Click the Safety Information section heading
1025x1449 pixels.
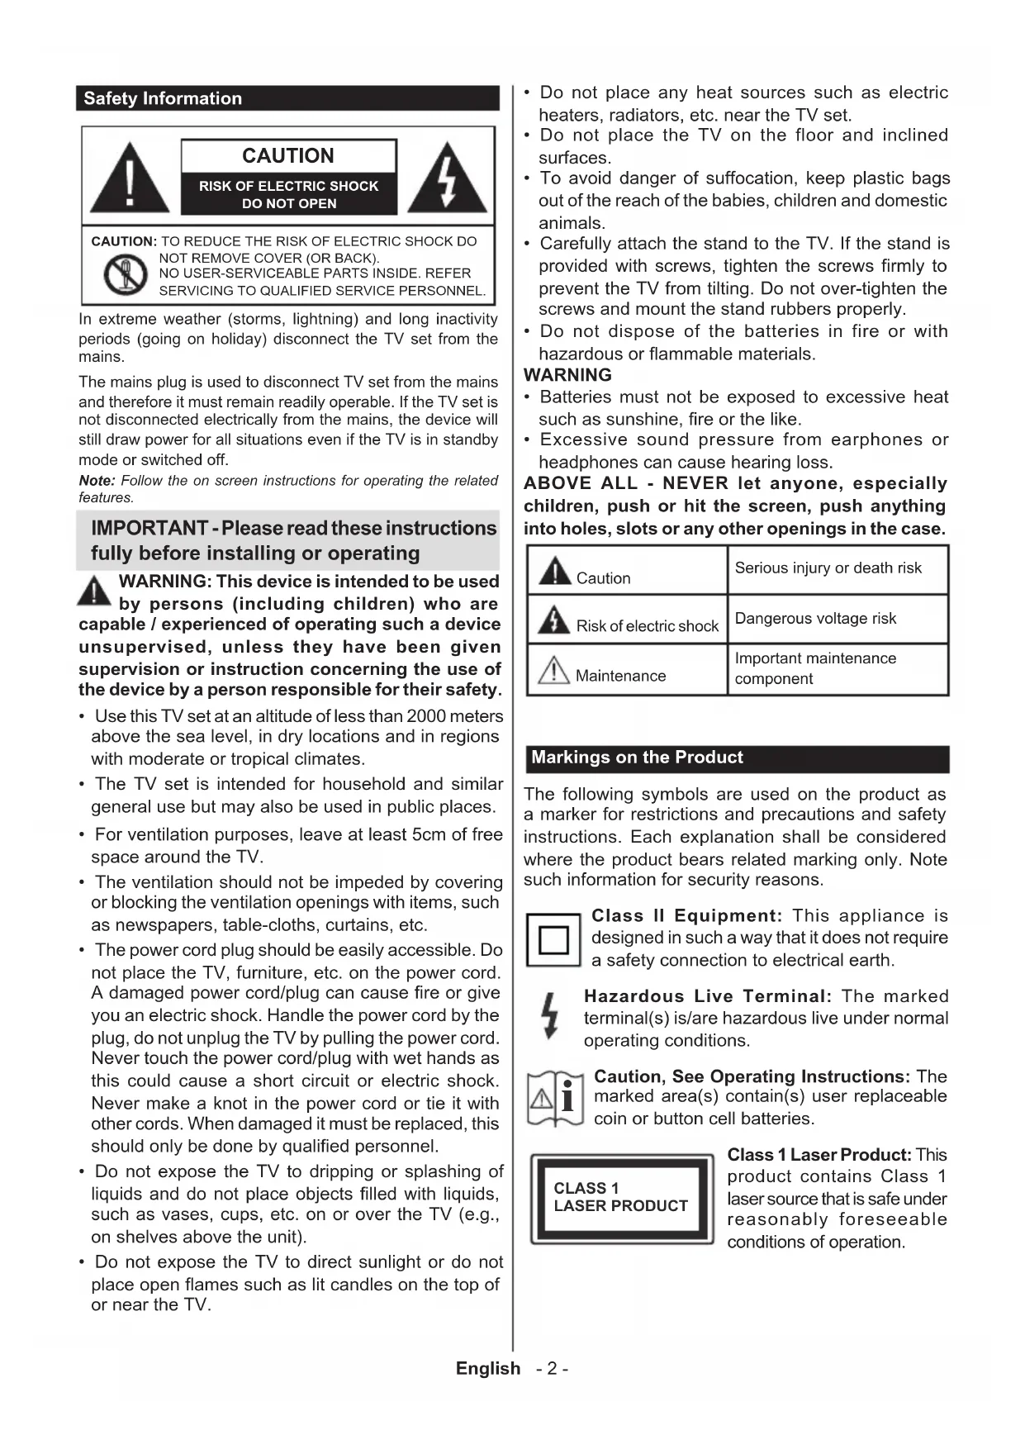tap(163, 98)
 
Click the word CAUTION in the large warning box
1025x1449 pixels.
tap(288, 155)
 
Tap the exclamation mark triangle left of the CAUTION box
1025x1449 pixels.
tap(130, 178)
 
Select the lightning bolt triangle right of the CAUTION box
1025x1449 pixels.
tap(447, 178)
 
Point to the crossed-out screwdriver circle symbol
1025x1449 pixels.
tap(125, 275)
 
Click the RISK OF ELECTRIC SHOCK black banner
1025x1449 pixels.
tap(288, 194)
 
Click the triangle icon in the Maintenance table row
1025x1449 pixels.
tap(554, 670)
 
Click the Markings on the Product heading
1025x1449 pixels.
tap(637, 758)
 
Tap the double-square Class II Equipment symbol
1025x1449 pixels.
tap(553, 940)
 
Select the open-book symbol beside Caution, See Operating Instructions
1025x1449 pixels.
tap(556, 1099)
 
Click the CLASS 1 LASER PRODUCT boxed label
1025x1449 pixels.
tap(621, 1197)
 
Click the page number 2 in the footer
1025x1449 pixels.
tap(552, 1369)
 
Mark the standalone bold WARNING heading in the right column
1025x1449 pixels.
tap(568, 375)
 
